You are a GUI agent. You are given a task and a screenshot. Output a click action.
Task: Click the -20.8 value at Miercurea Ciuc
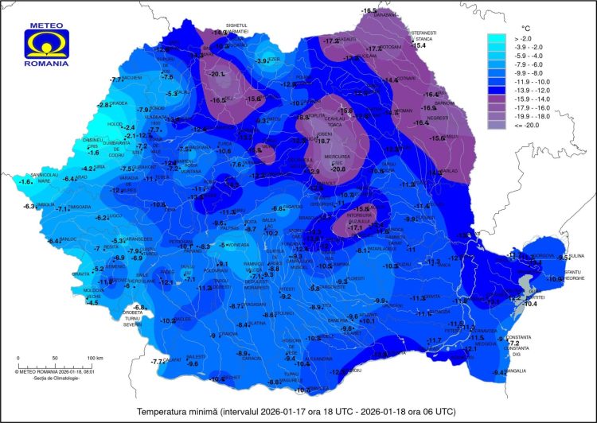click(338, 169)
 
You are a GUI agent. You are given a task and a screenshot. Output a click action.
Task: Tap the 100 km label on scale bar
click(95, 359)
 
